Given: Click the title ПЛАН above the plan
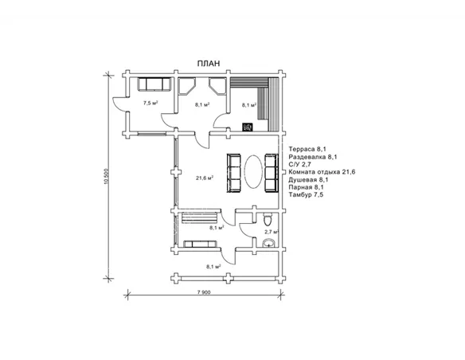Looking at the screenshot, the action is (209, 63).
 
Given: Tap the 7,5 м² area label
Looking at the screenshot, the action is (150, 103).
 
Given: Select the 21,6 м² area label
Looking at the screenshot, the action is (205, 178).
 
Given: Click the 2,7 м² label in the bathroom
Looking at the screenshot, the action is (272, 232).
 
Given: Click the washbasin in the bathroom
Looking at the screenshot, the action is (269, 243).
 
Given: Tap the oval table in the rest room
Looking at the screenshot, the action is (253, 171).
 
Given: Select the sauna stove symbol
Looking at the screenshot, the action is (248, 127).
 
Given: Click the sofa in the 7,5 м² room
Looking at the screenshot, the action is (154, 84).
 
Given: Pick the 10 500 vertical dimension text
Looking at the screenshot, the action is (107, 177).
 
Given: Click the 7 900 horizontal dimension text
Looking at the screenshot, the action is (204, 292).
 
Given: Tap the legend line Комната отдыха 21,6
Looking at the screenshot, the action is (322, 172).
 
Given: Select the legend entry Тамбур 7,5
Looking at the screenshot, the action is (306, 195).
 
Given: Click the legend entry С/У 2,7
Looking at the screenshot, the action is (299, 165).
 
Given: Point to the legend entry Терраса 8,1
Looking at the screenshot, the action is (307, 149).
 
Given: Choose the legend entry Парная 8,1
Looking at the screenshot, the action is (306, 187).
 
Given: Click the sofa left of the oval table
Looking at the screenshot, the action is (233, 173).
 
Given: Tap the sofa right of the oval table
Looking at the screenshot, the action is (272, 173).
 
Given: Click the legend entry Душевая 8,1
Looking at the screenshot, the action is (308, 180).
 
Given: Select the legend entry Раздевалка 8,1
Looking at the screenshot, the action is (313, 157).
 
